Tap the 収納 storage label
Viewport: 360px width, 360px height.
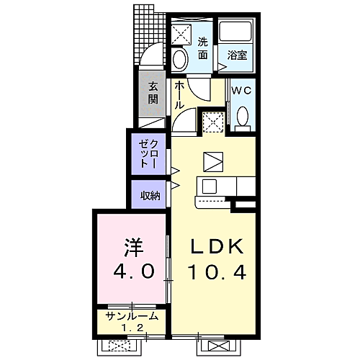pos(150,194)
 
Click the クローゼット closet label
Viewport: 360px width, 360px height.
pos(149,153)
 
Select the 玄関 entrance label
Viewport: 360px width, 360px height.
pos(153,92)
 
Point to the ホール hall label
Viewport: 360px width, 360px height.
pos(181,94)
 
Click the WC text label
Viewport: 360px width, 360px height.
pos(241,91)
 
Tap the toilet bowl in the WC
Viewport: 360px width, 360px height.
pos(243,116)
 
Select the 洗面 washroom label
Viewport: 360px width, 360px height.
pos(202,47)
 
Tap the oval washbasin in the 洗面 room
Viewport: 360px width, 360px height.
pos(181,58)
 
